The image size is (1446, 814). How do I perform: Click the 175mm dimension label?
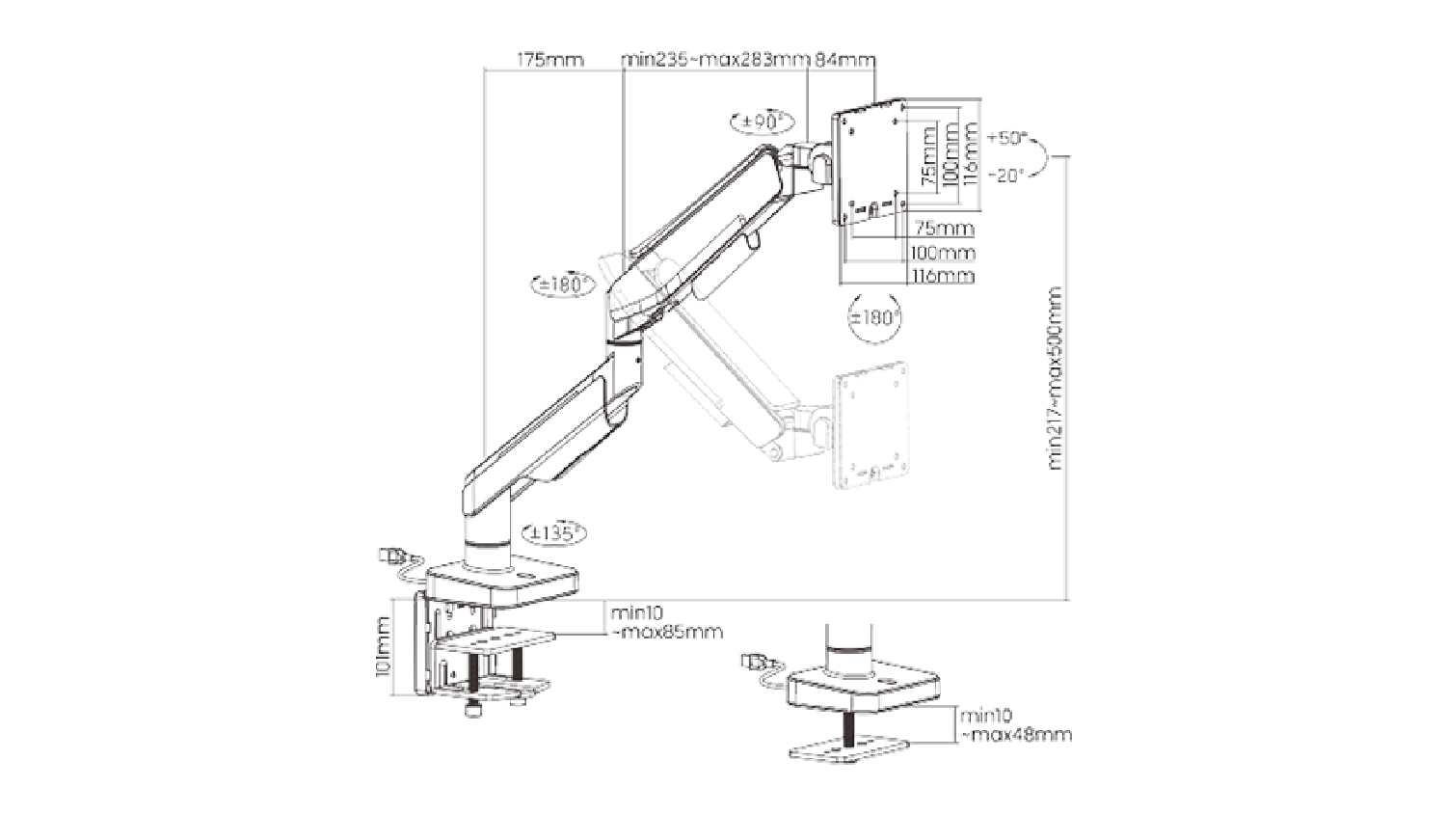(x=550, y=60)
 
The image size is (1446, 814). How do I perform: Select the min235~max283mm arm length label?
(x=714, y=60)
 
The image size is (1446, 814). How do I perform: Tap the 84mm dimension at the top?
(x=844, y=60)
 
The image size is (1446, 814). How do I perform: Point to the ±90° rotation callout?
(x=762, y=122)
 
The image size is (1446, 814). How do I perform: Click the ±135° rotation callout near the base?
(x=552, y=531)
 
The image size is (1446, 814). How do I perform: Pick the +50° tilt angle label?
(x=1008, y=137)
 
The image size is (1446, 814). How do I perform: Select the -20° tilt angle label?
(x=1006, y=175)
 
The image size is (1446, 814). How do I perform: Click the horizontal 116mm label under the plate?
(x=943, y=276)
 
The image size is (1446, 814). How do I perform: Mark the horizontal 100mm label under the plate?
(x=943, y=253)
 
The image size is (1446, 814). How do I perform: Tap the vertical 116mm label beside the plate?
(x=971, y=152)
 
